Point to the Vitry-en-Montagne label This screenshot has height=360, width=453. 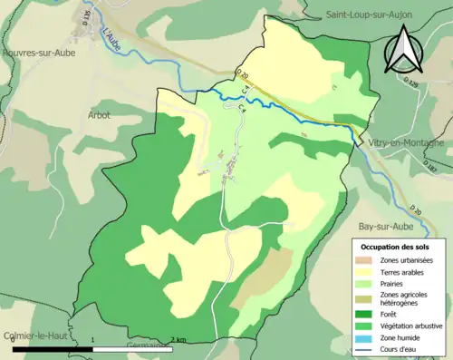coord(406,143)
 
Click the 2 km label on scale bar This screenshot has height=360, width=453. coord(178,341)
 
